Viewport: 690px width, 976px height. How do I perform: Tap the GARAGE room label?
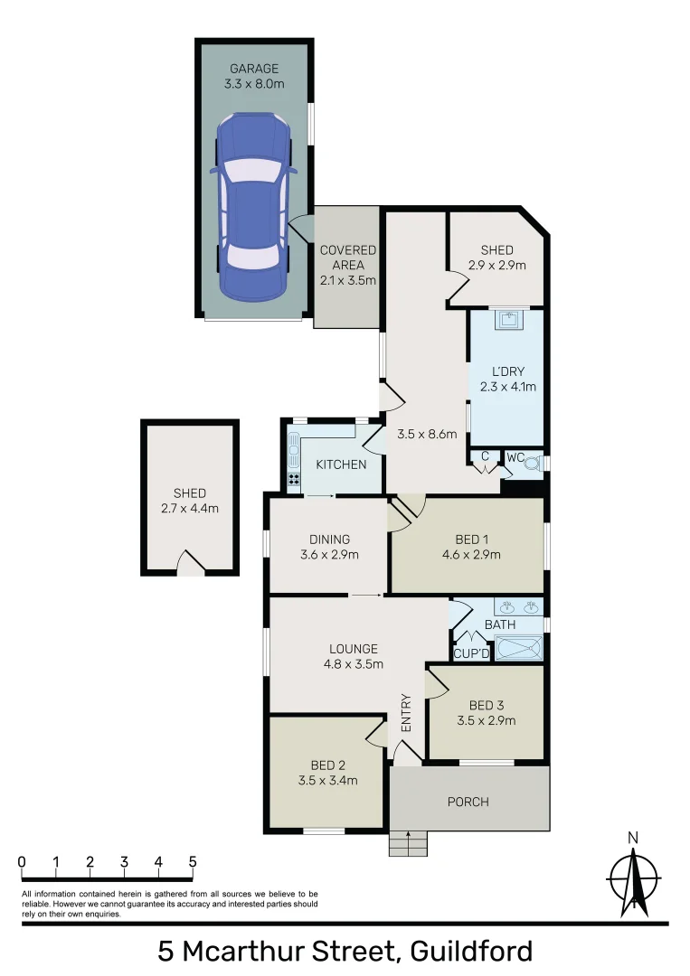(x=254, y=69)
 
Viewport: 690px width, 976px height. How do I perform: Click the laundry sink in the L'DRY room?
(x=507, y=319)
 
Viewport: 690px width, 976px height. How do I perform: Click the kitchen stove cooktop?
(x=293, y=479)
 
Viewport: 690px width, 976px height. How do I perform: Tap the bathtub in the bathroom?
(x=519, y=648)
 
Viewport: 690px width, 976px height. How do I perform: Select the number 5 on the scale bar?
(x=193, y=862)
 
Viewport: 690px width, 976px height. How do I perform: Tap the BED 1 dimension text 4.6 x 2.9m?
(x=471, y=555)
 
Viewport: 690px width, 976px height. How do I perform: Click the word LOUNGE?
(x=354, y=648)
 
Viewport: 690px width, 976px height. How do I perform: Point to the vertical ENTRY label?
(x=406, y=713)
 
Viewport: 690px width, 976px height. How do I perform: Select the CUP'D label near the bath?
(x=471, y=653)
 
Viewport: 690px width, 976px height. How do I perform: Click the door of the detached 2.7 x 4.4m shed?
(x=190, y=564)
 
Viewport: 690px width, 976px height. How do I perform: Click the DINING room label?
(x=328, y=540)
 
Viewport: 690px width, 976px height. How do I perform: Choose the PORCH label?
(x=468, y=802)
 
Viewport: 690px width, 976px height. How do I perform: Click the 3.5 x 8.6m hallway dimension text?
(x=427, y=434)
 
